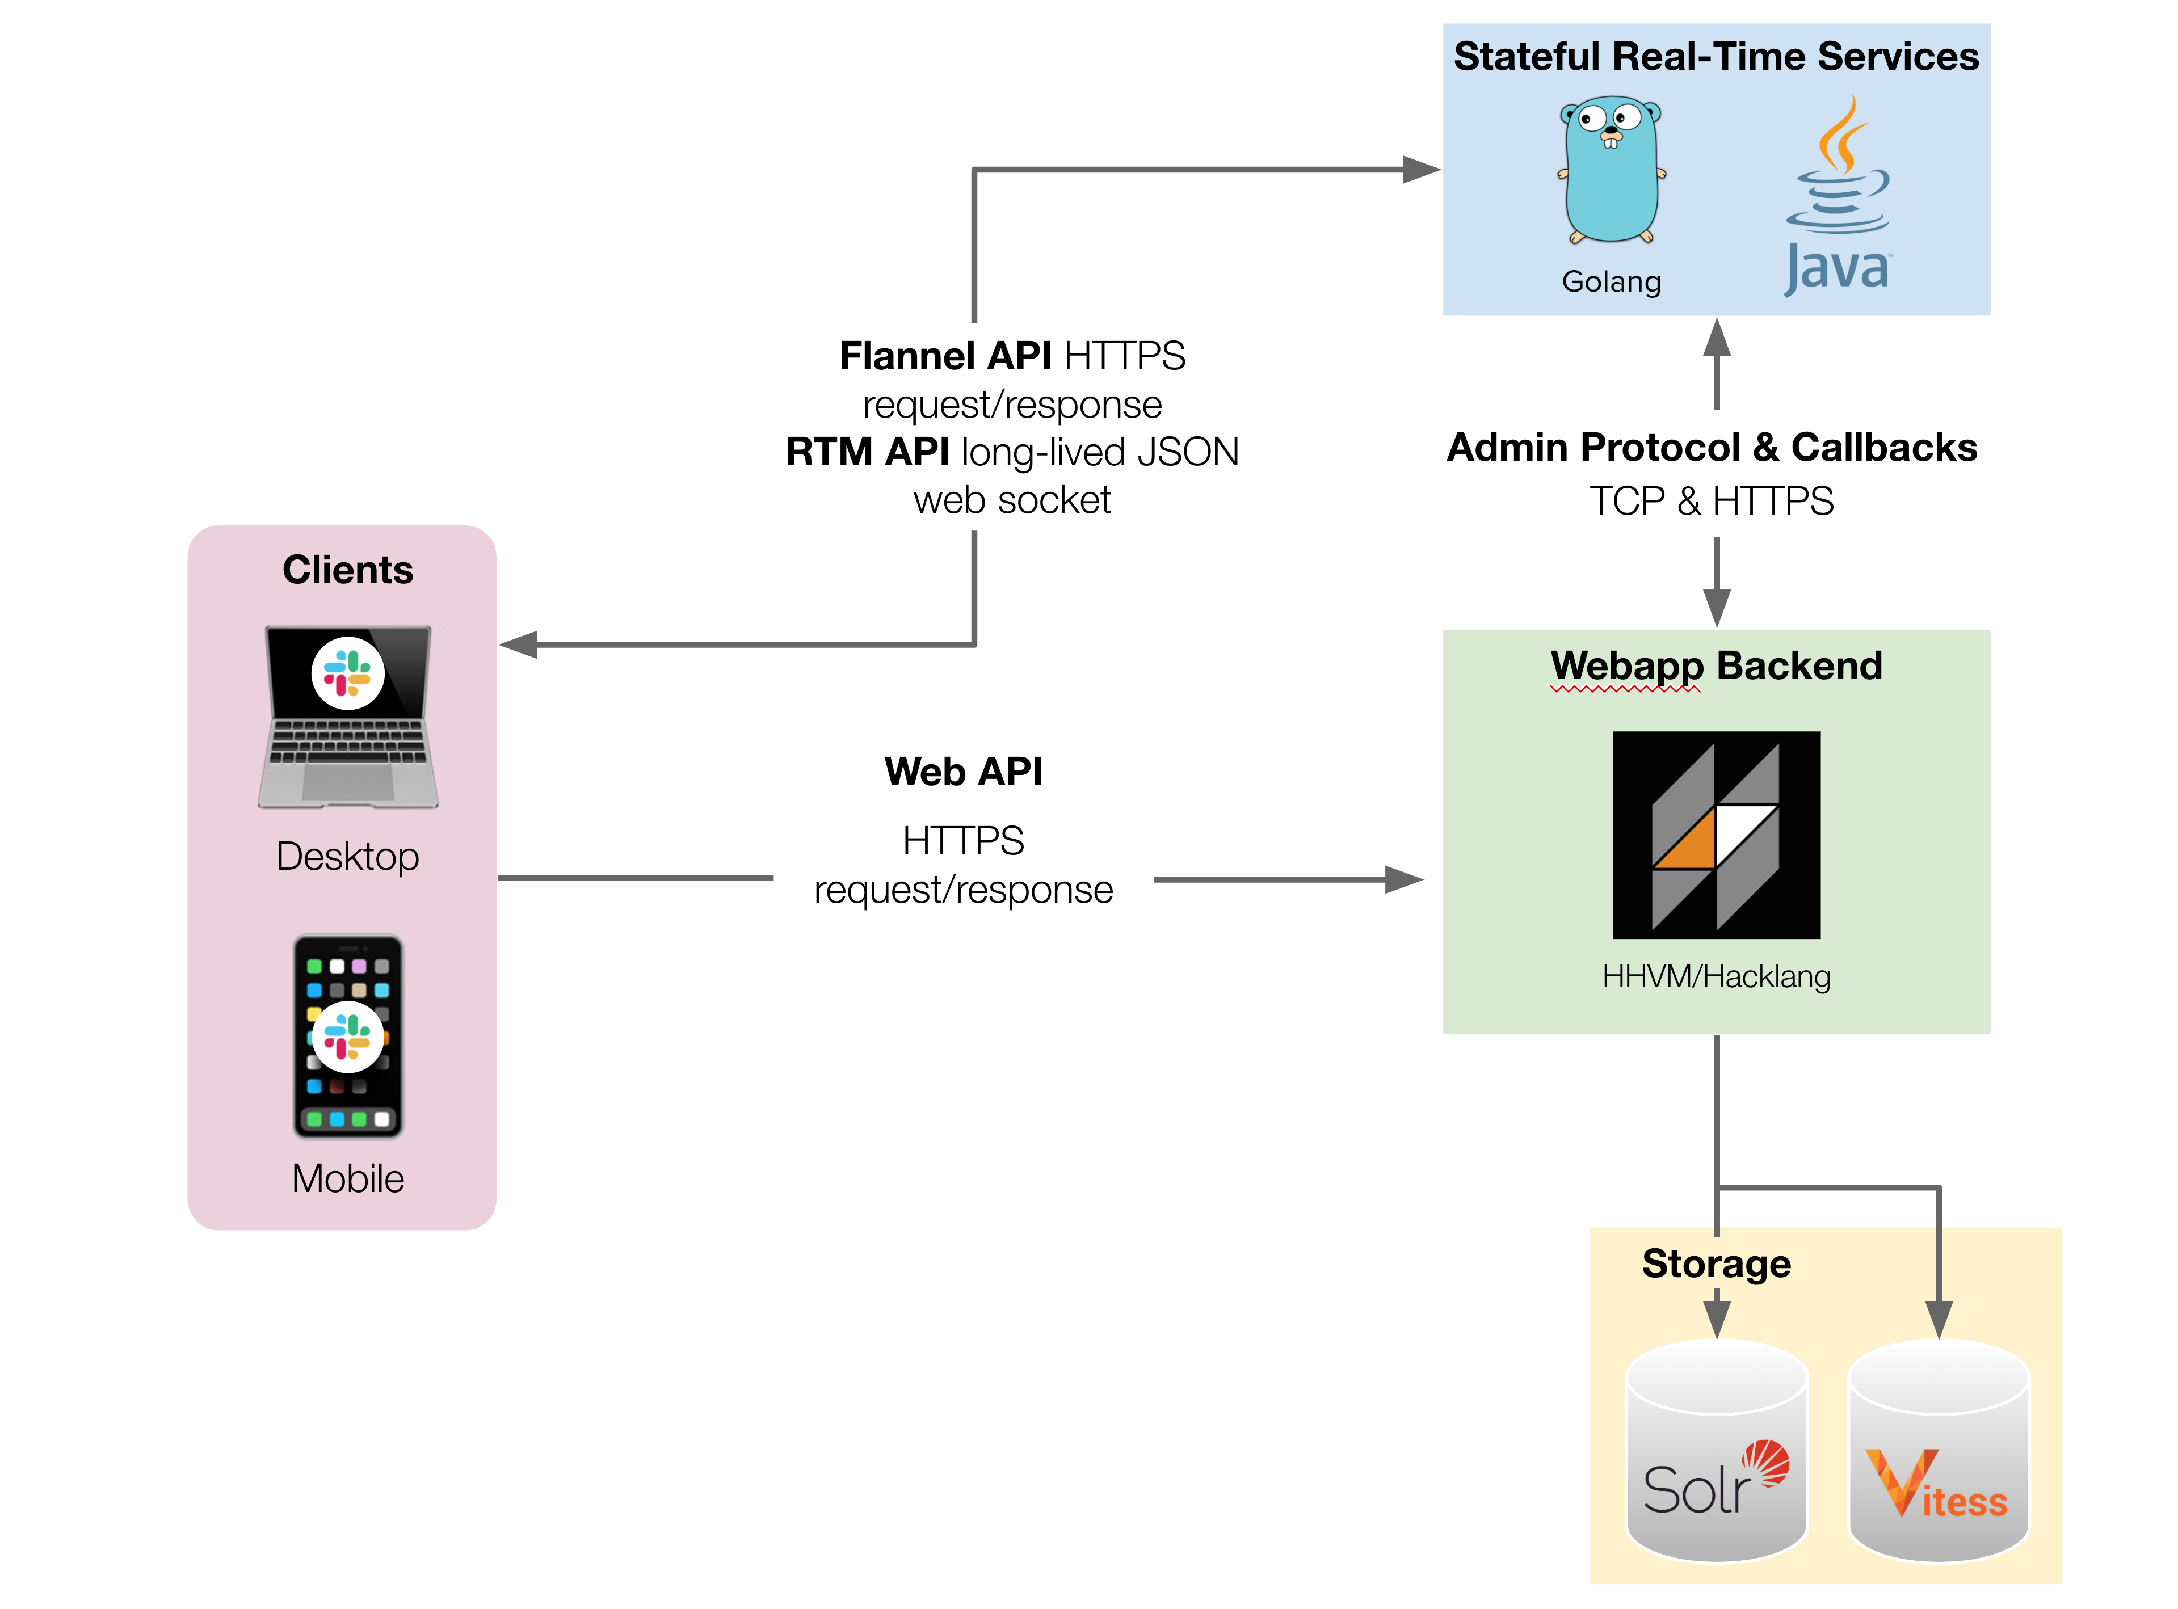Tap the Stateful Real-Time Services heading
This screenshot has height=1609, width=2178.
(x=1716, y=57)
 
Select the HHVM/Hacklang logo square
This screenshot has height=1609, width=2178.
(x=1716, y=835)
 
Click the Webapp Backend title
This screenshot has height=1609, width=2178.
(x=1716, y=666)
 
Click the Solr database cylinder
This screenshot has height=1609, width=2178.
(x=1716, y=1451)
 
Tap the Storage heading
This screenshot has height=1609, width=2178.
(x=1716, y=1263)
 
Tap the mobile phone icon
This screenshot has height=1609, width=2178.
(x=348, y=1037)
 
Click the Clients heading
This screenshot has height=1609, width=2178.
(x=348, y=570)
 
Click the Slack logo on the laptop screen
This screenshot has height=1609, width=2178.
(x=348, y=673)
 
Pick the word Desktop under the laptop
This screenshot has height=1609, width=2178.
(x=348, y=856)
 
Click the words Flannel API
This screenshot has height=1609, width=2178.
(x=945, y=356)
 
